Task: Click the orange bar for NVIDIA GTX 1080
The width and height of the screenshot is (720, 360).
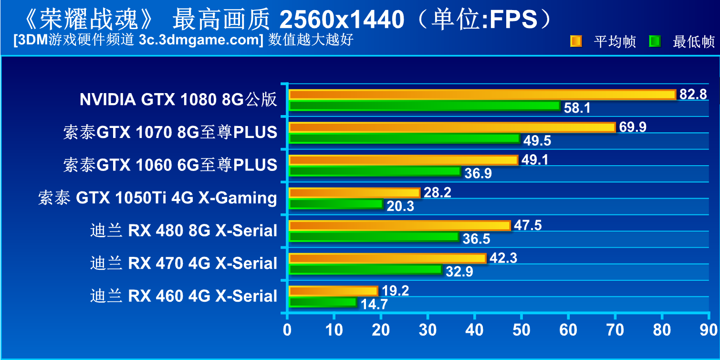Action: click(x=482, y=95)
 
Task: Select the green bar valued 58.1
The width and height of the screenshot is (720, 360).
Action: click(x=424, y=106)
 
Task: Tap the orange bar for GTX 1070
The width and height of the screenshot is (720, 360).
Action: click(x=452, y=127)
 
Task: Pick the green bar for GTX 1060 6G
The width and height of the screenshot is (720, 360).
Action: click(x=375, y=171)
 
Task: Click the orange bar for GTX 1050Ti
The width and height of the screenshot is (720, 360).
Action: click(x=355, y=193)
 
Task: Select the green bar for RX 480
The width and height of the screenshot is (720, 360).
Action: click(x=374, y=236)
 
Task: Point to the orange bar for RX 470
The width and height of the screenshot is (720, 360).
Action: click(x=387, y=258)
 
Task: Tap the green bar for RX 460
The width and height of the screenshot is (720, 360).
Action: click(x=323, y=302)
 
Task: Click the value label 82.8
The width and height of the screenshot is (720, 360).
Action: click(x=693, y=94)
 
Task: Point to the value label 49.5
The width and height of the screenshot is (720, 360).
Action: click(x=537, y=140)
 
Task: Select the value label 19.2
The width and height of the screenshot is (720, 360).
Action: click(x=396, y=291)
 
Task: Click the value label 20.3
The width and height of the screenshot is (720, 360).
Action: click(x=400, y=206)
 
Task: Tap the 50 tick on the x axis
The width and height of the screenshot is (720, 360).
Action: click(x=521, y=329)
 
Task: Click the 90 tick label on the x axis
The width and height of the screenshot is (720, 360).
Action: click(x=708, y=329)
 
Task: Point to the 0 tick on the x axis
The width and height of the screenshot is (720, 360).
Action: click(x=287, y=329)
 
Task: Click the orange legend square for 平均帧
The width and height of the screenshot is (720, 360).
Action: click(x=576, y=42)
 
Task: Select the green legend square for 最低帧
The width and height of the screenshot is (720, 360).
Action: click(x=655, y=42)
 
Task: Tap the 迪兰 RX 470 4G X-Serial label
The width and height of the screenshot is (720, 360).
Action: click(x=184, y=263)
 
